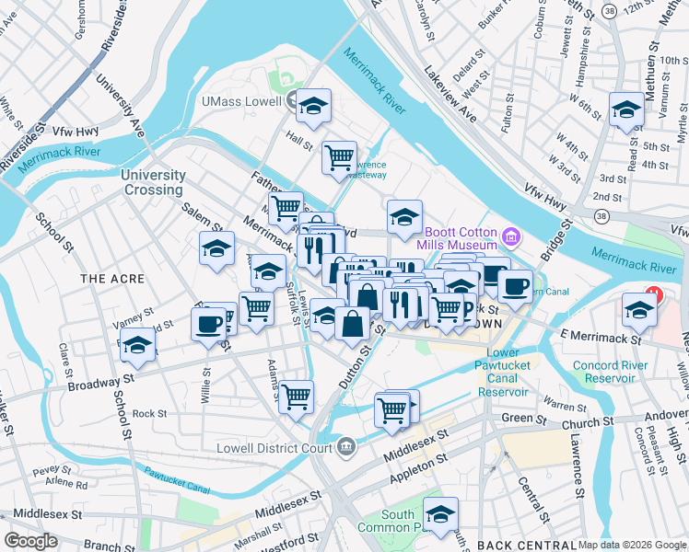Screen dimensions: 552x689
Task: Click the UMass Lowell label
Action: click(242, 101)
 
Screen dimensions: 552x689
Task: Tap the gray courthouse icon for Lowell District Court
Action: click(344, 447)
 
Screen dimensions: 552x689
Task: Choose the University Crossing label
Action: click(153, 182)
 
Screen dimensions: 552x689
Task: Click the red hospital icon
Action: click(654, 295)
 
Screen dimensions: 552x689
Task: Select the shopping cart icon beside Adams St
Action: click(296, 397)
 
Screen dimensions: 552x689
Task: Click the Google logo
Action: click(30, 541)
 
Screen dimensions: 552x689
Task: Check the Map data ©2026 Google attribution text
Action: click(633, 545)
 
